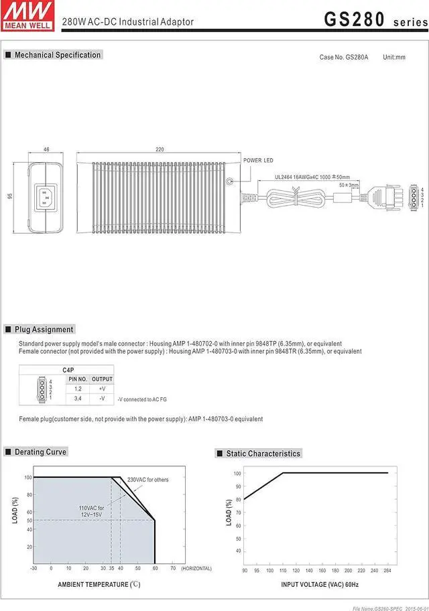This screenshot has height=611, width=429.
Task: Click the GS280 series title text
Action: click(x=373, y=19)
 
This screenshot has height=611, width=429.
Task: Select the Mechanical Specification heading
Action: click(x=58, y=55)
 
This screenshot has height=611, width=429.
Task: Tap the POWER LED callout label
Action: click(x=258, y=161)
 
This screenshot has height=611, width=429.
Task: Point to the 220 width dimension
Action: click(x=160, y=149)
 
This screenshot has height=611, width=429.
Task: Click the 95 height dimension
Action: click(x=11, y=196)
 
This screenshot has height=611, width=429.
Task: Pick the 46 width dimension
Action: click(x=46, y=149)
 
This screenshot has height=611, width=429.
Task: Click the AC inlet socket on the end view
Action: click(x=46, y=197)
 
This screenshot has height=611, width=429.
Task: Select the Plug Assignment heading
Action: click(x=44, y=330)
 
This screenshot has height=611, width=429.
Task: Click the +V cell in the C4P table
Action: click(x=102, y=389)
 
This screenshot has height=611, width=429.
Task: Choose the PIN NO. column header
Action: click(x=78, y=379)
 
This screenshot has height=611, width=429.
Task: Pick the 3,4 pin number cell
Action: click(x=78, y=399)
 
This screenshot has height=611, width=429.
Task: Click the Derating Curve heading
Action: click(x=40, y=452)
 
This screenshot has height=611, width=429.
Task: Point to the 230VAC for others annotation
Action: click(x=148, y=480)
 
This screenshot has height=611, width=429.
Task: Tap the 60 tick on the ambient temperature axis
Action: click(x=155, y=568)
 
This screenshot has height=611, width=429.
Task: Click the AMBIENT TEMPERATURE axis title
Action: click(x=99, y=585)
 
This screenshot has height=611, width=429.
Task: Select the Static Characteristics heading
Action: click(x=263, y=454)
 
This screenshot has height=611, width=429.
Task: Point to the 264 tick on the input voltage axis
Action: click(x=387, y=571)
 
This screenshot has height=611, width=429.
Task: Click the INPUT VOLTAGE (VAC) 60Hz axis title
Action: click(x=320, y=585)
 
